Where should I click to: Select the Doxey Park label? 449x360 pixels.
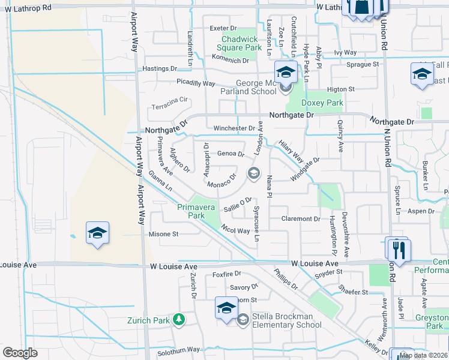click(x=323, y=103)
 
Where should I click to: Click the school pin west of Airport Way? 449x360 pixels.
click(x=97, y=233)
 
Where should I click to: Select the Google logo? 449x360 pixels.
click(x=20, y=353)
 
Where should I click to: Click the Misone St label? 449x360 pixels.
click(x=163, y=235)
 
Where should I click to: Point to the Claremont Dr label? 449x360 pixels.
click(x=301, y=219)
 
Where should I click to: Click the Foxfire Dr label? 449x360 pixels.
click(x=226, y=274)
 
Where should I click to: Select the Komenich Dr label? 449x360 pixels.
click(x=230, y=61)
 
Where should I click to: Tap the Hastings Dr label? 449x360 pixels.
click(x=160, y=69)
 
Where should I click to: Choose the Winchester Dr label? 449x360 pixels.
click(x=234, y=128)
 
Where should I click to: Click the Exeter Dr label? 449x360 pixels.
click(x=224, y=28)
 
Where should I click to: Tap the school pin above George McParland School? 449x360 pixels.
click(x=286, y=73)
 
